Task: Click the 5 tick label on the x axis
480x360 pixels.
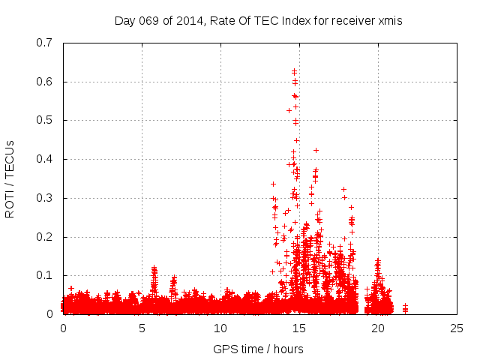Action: [142, 328]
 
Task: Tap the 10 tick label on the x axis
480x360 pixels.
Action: [220, 328]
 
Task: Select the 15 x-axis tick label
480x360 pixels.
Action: [299, 328]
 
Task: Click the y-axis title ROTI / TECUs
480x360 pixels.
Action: [10, 178]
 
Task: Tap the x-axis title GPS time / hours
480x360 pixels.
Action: [259, 349]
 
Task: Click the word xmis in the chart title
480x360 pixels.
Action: [390, 21]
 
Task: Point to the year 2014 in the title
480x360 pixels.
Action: [193, 21]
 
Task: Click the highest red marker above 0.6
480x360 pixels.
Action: [295, 71]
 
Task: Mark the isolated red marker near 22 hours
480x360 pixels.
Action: [405, 306]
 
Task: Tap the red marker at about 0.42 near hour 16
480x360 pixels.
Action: [316, 150]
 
